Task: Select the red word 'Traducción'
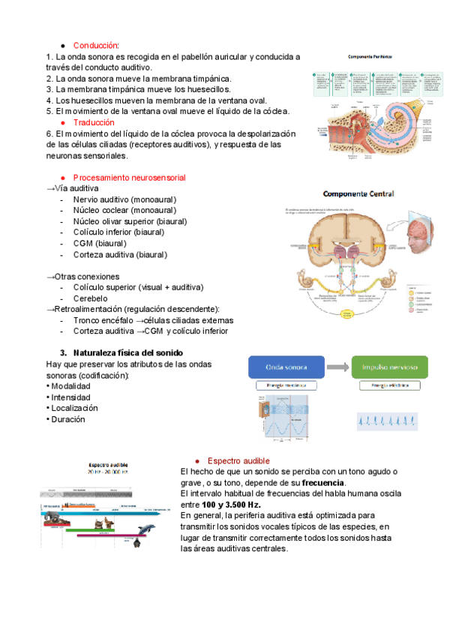94,121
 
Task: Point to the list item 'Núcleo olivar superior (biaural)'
130,221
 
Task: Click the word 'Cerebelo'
90,298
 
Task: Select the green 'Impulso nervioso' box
389,367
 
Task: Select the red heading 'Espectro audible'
238,460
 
